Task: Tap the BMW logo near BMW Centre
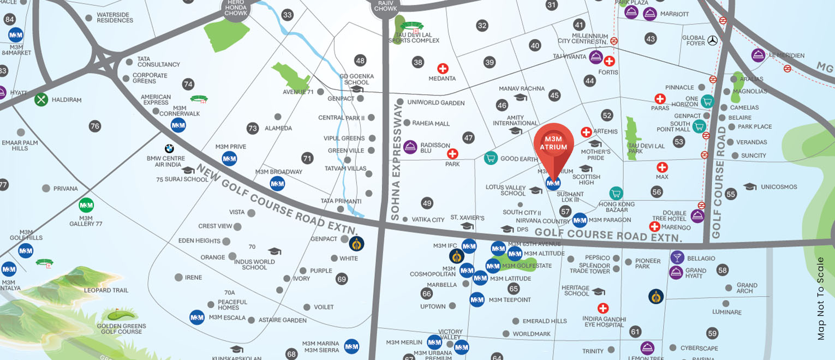[169, 148]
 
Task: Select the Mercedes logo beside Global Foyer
[712, 40]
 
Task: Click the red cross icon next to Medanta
[443, 69]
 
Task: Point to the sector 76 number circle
[95, 126]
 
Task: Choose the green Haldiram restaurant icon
[41, 100]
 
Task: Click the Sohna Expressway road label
[396, 163]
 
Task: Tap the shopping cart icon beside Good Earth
[491, 158]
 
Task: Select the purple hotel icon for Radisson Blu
[410, 147]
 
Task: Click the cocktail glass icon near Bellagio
[677, 257]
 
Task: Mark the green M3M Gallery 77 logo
[86, 205]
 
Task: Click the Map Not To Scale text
[821, 299]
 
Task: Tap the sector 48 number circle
[360, 61]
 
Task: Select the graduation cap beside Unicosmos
[750, 187]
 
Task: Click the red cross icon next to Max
[662, 167]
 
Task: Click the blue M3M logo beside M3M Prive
[229, 159]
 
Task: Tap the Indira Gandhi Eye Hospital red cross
[603, 308]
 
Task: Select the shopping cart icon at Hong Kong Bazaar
[616, 193]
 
